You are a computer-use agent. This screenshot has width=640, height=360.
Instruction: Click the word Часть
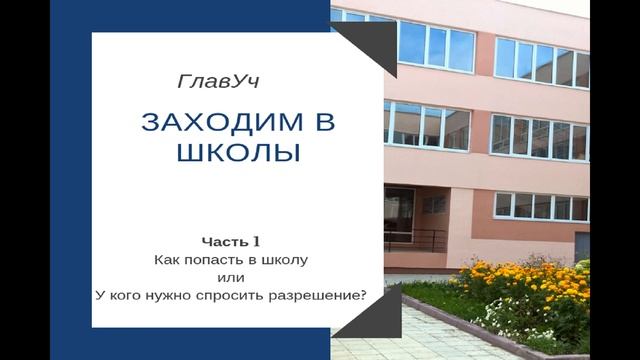(x=221, y=241)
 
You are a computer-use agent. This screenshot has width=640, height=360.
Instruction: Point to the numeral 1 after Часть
(x=256, y=241)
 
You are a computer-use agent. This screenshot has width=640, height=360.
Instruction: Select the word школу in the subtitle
(x=286, y=259)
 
